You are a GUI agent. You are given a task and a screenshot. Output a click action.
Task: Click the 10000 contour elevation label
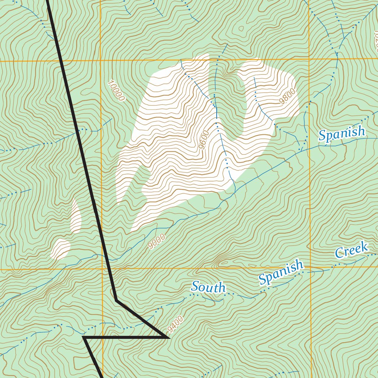[117, 91]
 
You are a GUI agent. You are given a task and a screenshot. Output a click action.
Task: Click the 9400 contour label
[175, 324]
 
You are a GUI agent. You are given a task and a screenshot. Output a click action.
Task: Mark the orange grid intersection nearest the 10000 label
[101, 61]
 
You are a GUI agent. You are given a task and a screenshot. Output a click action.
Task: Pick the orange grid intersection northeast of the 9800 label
[309, 59]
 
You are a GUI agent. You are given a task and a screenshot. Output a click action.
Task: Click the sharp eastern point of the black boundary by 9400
[168, 337]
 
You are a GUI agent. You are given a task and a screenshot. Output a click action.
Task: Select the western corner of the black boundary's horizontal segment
[84, 337]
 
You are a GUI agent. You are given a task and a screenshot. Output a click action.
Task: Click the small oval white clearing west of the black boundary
[61, 248]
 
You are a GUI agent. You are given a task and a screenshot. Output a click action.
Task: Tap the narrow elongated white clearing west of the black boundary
[76, 216]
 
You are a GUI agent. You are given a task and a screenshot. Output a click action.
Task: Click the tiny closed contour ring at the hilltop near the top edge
[241, 28]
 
